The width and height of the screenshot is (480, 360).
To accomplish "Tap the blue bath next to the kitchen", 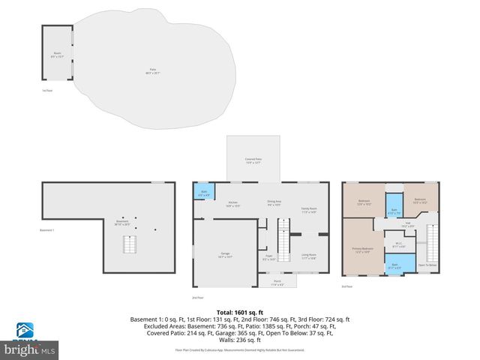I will click(205, 191).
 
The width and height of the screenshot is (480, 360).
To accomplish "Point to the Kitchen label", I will click(232, 204).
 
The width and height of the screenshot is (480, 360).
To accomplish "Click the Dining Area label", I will click(274, 202).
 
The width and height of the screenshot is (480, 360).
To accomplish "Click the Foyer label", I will click(268, 257).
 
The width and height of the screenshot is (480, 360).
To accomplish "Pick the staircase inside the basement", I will click(130, 244).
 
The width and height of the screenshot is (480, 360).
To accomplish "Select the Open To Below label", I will click(427, 265).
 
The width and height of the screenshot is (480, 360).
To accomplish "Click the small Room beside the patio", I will click(57, 54).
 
